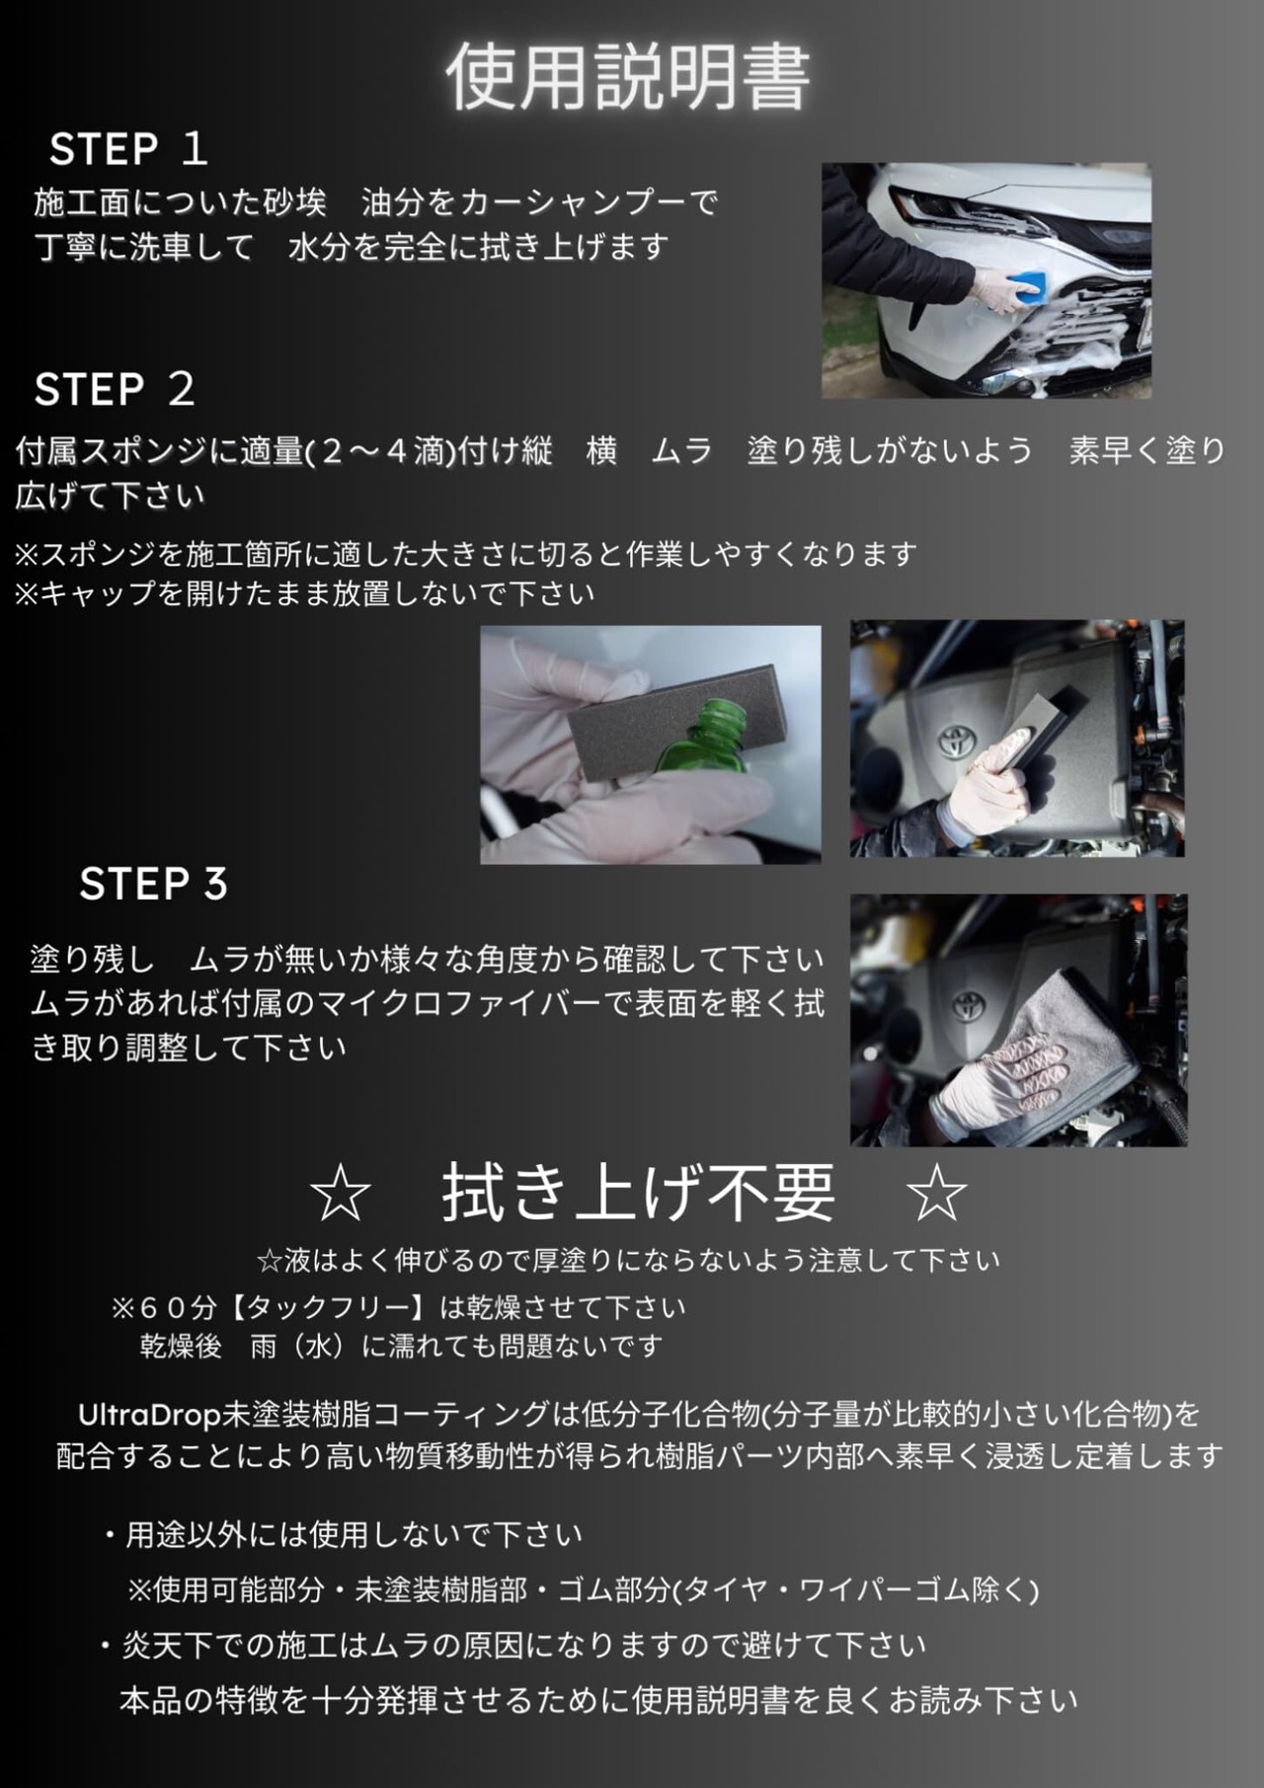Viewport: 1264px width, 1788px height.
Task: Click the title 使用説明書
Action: [x=628, y=76]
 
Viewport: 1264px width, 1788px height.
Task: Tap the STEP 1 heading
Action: [x=128, y=149]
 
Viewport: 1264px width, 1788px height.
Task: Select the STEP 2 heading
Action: [x=115, y=389]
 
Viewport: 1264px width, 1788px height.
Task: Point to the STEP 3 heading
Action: [x=154, y=884]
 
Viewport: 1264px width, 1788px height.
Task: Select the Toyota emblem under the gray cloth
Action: [x=968, y=1006]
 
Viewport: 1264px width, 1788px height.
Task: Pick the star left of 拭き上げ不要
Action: [x=340, y=1194]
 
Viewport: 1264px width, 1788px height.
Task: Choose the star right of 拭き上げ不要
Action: [x=936, y=1194]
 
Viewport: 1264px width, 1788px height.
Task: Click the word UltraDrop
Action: [x=149, y=1416]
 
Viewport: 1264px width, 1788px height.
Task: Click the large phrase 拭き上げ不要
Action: [x=638, y=1193]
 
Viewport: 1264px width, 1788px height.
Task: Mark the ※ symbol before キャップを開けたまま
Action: [x=27, y=594]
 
